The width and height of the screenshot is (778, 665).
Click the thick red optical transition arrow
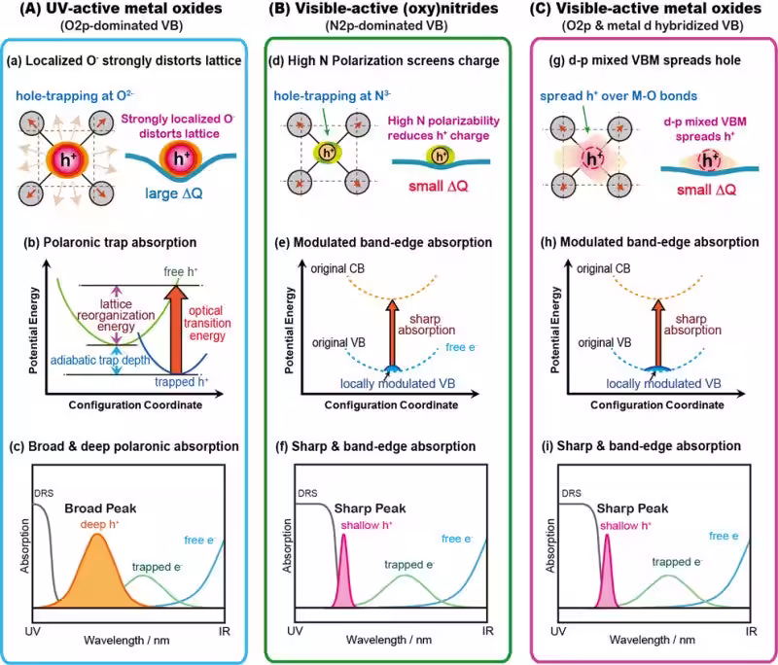pos(176,330)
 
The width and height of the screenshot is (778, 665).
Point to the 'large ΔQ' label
pos(174,193)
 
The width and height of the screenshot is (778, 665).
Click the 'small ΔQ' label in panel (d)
pos(439,187)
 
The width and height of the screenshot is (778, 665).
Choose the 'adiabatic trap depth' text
pos(100,360)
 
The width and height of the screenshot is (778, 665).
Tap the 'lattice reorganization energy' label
pos(116,315)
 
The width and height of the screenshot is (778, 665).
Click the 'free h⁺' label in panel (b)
pos(181,272)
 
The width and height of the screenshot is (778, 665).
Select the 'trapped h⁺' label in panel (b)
pos(181,382)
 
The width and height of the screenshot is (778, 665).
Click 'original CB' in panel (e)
pos(337,268)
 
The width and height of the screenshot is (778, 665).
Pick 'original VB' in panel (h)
pos(604,342)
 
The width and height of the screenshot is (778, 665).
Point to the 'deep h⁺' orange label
pos(100,525)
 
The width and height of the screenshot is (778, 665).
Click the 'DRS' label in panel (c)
pos(44,494)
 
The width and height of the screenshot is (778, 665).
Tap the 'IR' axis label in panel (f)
pos(488,631)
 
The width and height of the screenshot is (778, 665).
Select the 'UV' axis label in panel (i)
pos(558,631)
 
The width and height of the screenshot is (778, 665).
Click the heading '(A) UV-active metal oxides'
pos(121,9)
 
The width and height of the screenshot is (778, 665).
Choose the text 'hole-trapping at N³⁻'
pos(332,95)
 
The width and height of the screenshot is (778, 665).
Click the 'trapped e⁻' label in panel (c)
pos(157,567)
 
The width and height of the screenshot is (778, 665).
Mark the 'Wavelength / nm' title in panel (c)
pos(126,640)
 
